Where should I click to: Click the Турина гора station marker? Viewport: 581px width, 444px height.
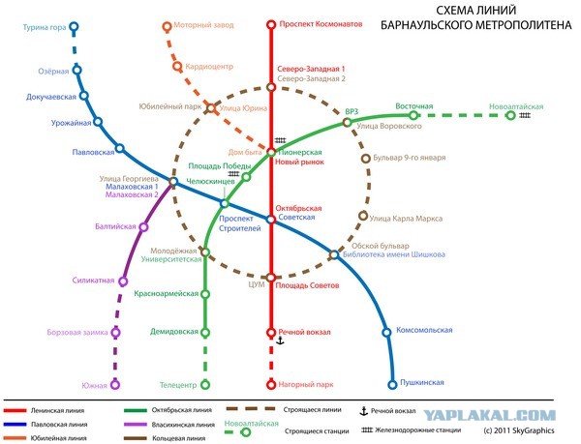(75, 27)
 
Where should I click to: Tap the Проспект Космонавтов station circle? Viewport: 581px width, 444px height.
(271, 25)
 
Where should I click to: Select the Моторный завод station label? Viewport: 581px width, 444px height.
(203, 25)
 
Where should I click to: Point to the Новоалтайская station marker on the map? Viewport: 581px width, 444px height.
(510, 115)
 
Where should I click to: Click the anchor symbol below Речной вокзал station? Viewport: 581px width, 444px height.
(281, 340)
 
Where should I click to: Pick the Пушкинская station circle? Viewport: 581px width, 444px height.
(392, 385)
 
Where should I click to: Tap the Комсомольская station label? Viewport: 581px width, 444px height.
(424, 330)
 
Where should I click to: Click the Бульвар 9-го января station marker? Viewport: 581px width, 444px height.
(366, 159)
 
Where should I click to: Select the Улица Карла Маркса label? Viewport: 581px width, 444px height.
(406, 219)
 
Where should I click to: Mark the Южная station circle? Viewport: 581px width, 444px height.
(115, 385)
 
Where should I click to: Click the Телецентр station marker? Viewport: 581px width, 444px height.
(205, 385)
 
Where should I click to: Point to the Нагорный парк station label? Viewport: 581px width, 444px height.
(306, 385)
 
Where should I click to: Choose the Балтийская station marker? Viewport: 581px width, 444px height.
(143, 226)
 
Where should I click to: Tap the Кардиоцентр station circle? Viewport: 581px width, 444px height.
(177, 67)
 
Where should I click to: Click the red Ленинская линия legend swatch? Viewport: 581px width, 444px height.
(15, 410)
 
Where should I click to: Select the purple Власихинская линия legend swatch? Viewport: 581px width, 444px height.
(136, 425)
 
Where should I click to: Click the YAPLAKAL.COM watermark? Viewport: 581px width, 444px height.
(489, 416)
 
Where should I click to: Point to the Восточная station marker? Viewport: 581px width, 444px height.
(413, 115)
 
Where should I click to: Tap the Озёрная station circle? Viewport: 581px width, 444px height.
(77, 70)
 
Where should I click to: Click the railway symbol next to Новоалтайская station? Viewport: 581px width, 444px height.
(525, 115)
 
